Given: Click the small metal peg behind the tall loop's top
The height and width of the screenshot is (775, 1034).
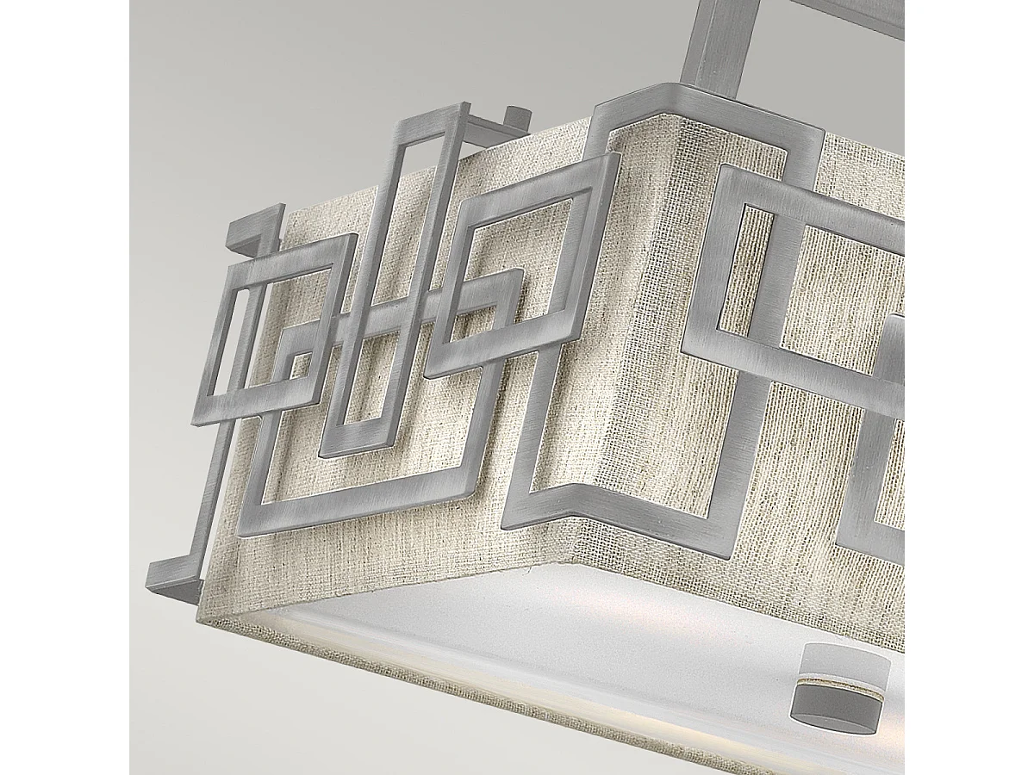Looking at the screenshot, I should pos(518,117).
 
